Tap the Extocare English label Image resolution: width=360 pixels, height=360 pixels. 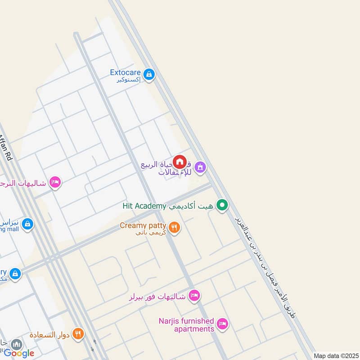[126, 72]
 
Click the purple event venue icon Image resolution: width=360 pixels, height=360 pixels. [200, 168]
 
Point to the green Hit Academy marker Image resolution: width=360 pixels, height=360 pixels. [221, 206]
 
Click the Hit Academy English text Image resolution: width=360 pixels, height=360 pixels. [144, 206]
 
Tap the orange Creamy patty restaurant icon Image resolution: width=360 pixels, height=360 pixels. [175, 227]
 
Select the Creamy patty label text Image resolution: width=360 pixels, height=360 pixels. [143, 225]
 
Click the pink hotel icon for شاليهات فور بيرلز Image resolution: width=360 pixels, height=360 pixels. [194, 296]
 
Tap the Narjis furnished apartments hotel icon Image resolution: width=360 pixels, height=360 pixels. [222, 324]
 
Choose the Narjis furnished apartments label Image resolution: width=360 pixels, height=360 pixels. [186, 325]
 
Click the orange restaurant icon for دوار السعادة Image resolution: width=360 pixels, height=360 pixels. [78, 334]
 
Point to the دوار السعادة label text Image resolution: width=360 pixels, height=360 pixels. [49, 335]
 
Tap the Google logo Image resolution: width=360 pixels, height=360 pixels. [19, 353]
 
